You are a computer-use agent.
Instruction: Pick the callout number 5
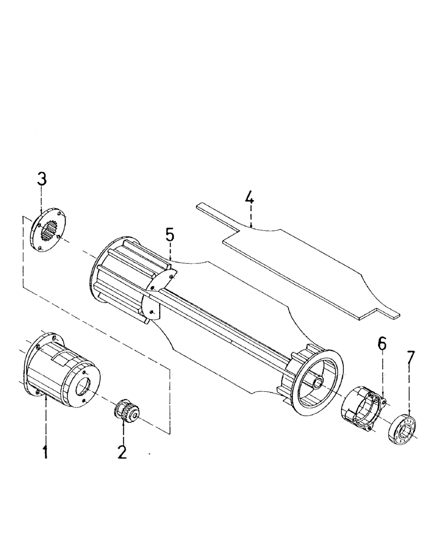click(x=170, y=234)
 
